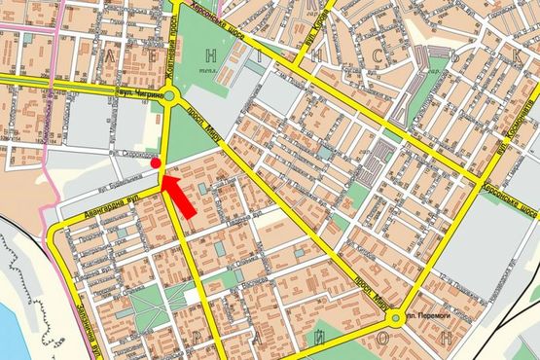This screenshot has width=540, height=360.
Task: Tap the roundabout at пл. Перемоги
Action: point(395,317)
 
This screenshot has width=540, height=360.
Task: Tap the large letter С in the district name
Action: point(375,59)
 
